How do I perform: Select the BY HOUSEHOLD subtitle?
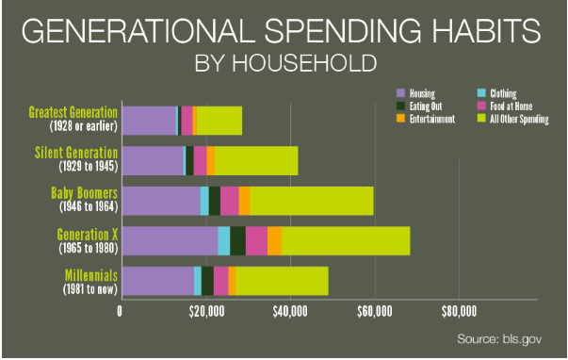point(284,65)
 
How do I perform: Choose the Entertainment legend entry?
point(430,119)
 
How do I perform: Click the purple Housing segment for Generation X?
point(170,240)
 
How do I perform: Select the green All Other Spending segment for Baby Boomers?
point(311,201)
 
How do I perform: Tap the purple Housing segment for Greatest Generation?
point(150,121)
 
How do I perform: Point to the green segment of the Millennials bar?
point(282,281)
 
